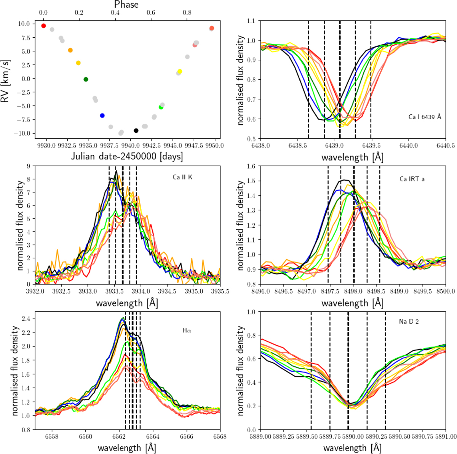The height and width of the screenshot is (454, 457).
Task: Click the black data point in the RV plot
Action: pyautogui.click(x=136, y=131)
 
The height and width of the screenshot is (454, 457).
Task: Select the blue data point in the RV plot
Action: pyautogui.click(x=102, y=116)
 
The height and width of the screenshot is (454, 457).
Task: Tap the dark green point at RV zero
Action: pyautogui.click(x=86, y=79)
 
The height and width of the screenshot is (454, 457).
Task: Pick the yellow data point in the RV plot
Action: pyautogui.click(x=180, y=72)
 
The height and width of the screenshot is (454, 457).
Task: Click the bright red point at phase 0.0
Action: pyautogui.click(x=43, y=26)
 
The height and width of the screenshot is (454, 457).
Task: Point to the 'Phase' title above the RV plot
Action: pyautogui.click(x=126, y=5)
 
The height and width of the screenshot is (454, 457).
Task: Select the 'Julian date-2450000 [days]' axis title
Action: pyautogui.click(x=126, y=156)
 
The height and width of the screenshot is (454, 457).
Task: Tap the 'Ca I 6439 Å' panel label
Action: pyautogui.click(x=425, y=117)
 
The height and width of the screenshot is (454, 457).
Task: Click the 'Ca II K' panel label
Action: pyautogui.click(x=182, y=176)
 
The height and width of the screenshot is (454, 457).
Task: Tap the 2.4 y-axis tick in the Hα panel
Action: pyautogui.click(x=26, y=318)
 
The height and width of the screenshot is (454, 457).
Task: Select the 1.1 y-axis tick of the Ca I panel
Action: pyautogui.click(x=251, y=21)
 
